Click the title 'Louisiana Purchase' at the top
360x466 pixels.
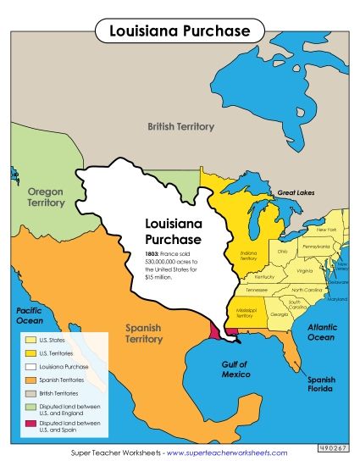180,31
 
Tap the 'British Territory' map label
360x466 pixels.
180,126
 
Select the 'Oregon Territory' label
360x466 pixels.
46,197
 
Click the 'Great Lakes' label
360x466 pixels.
296,193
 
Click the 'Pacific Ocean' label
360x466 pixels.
30,316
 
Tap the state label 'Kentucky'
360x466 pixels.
264,276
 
